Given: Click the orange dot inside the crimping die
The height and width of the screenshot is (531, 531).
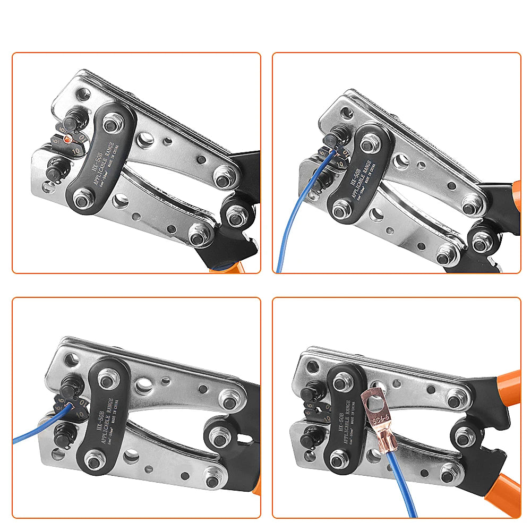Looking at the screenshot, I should (x=67, y=139).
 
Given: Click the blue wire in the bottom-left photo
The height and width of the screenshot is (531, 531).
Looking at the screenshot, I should (x=37, y=433).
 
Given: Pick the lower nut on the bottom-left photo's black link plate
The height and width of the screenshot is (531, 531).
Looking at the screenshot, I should (x=94, y=461).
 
